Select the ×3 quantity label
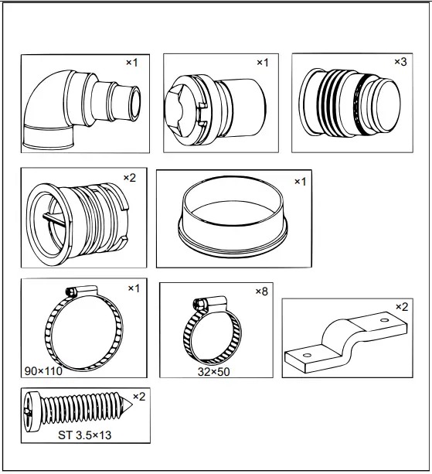(400, 62)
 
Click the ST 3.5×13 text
(85, 435)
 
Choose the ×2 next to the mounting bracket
(401, 307)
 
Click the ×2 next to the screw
(138, 397)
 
